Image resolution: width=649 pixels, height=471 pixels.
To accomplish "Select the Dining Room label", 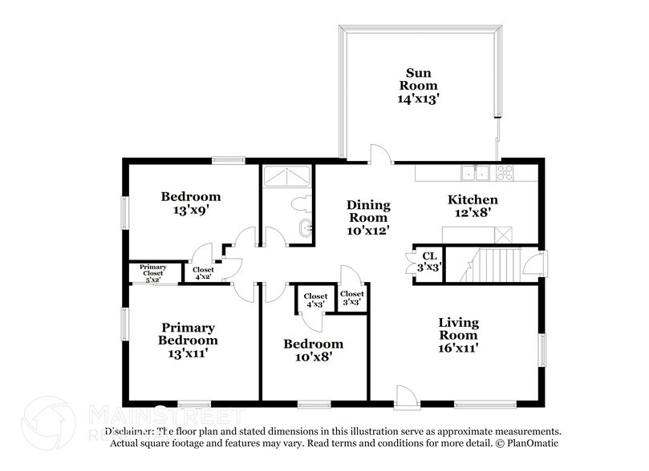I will point(368,217).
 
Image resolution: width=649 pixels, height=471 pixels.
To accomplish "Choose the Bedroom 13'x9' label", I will point(190,203).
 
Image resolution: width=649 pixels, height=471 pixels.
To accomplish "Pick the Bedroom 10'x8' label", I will point(313,351).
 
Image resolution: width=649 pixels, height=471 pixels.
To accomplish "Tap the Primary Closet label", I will point(152,272).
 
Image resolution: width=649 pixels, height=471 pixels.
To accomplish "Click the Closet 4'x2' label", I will point(204,272).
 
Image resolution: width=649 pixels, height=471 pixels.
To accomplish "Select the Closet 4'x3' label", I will point(315,300).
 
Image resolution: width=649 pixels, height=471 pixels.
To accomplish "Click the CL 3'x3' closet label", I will point(430,261).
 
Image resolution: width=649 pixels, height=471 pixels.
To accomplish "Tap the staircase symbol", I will point(489,264).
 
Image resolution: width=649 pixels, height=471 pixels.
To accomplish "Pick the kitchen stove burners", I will point(505,172).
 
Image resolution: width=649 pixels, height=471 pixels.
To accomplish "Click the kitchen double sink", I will point(477,172).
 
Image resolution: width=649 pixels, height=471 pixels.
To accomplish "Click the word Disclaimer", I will point(128,431).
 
